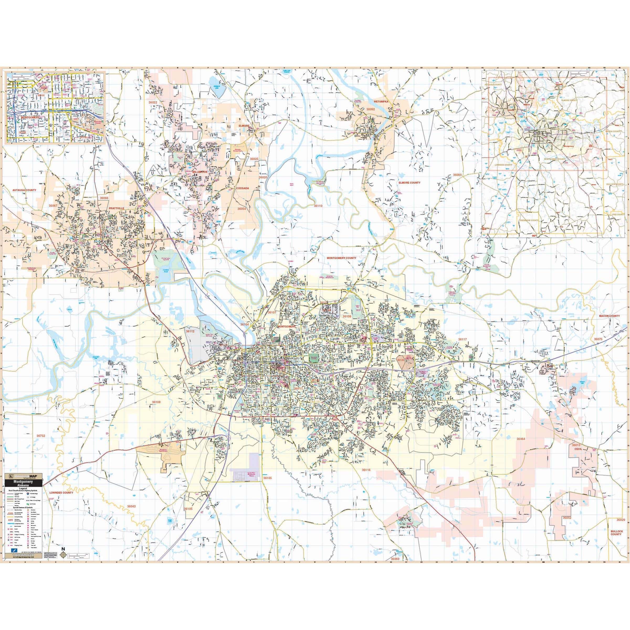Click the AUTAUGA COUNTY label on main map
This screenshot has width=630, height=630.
(x=24, y=190)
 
